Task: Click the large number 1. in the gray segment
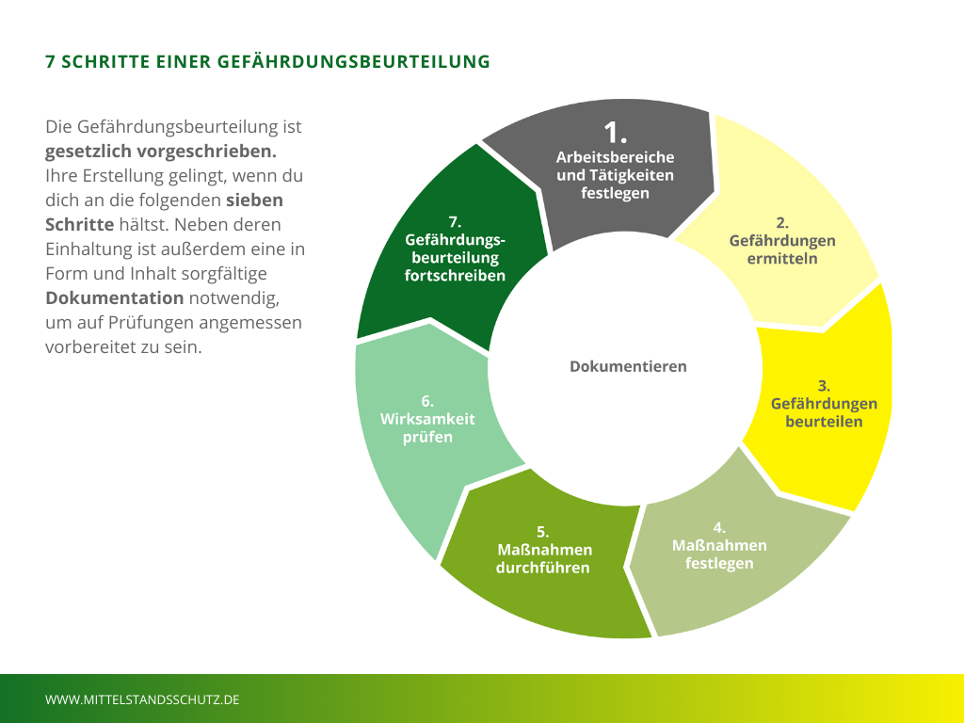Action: pyautogui.click(x=615, y=133)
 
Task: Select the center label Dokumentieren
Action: pyautogui.click(x=628, y=366)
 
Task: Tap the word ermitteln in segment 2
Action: pyautogui.click(x=782, y=259)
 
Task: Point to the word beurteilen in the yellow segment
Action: pyautogui.click(x=824, y=421)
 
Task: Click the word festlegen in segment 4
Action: pyautogui.click(x=719, y=563)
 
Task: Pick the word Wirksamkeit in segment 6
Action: pyautogui.click(x=427, y=419)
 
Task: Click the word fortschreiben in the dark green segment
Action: pyautogui.click(x=456, y=276)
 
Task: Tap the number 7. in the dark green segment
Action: pyautogui.click(x=455, y=222)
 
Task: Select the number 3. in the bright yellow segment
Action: pyautogui.click(x=824, y=385)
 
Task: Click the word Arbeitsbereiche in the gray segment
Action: pyautogui.click(x=615, y=157)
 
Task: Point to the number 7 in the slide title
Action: pyautogui.click(x=50, y=62)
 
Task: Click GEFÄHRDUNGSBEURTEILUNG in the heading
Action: pyautogui.click(x=354, y=62)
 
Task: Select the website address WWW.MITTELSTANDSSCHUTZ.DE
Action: pyautogui.click(x=142, y=699)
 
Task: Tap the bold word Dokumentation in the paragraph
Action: pyautogui.click(x=114, y=298)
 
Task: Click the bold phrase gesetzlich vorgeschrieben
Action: pyautogui.click(x=161, y=151)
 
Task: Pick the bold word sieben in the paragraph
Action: pyautogui.click(x=254, y=201)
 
